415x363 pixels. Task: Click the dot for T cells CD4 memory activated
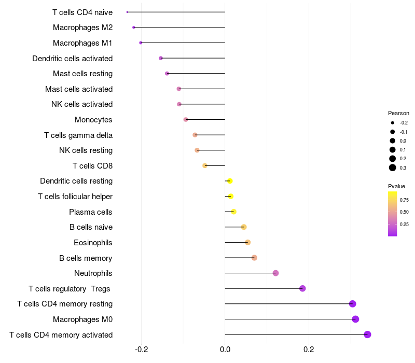coord(367,334)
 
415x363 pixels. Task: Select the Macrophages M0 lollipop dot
coord(355,319)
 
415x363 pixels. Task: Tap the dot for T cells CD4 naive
coord(127,12)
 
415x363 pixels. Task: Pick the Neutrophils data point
coord(275,273)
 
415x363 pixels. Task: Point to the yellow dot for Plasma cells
coord(233,212)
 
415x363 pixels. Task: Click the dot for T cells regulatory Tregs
coord(302,288)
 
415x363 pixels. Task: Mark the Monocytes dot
coord(186,120)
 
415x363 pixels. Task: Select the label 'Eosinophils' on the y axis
coord(93,243)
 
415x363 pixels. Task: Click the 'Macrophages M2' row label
coord(82,27)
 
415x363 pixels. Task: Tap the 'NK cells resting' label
coord(86,150)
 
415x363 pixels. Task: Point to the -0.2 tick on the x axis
coord(142,350)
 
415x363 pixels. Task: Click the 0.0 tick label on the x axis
coord(225,350)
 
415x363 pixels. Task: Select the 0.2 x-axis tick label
coord(309,350)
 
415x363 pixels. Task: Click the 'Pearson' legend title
coord(398,113)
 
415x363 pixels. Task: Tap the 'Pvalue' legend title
coord(396,186)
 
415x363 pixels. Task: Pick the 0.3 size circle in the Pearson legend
coord(393,167)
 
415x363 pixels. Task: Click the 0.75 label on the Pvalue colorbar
coord(404,200)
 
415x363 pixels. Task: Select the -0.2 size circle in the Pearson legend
coord(393,123)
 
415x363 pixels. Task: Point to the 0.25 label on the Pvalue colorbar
coord(404,225)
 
